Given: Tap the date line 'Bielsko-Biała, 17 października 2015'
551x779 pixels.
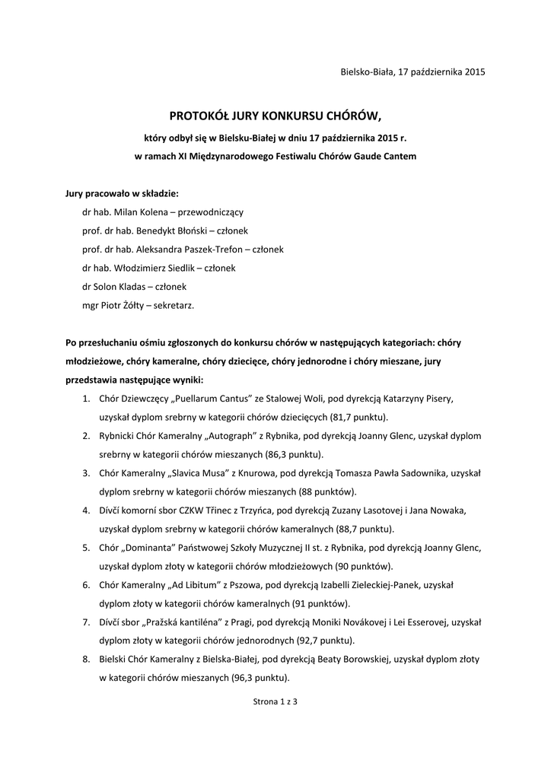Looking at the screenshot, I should [412, 72].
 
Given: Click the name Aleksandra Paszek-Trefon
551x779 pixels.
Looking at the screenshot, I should [196, 249].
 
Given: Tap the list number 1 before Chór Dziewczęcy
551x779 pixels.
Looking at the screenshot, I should [86, 398].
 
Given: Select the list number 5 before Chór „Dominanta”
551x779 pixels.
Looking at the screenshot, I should [86, 547].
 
